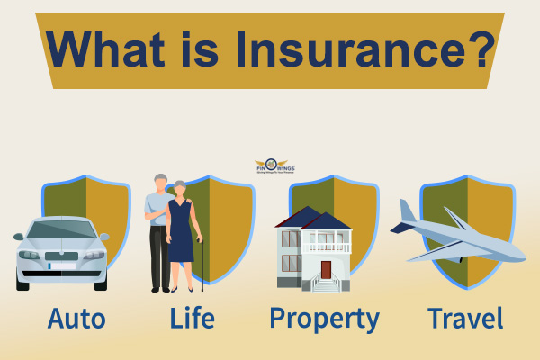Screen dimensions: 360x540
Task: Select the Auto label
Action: [76, 319]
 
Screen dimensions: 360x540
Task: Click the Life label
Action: [192, 319]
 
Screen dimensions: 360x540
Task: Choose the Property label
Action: [325, 319]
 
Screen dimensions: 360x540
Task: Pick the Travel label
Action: [465, 319]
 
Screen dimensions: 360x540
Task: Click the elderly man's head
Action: [159, 182]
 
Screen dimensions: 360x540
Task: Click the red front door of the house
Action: [326, 269]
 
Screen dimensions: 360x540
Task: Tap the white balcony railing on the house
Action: [329, 247]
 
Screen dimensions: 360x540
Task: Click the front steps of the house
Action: [325, 285]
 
